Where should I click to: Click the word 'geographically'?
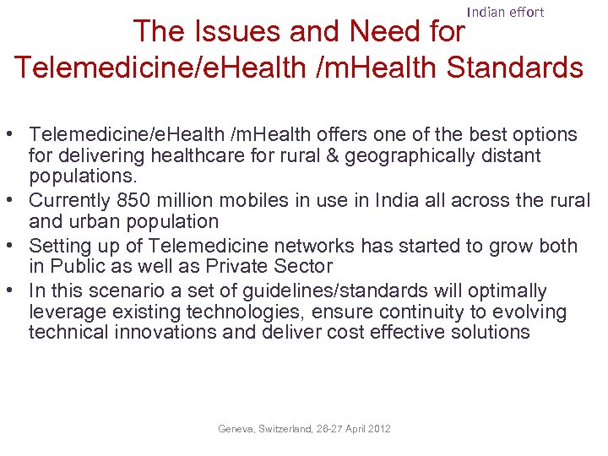(x=388, y=156)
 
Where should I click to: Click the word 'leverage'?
(x=64, y=312)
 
